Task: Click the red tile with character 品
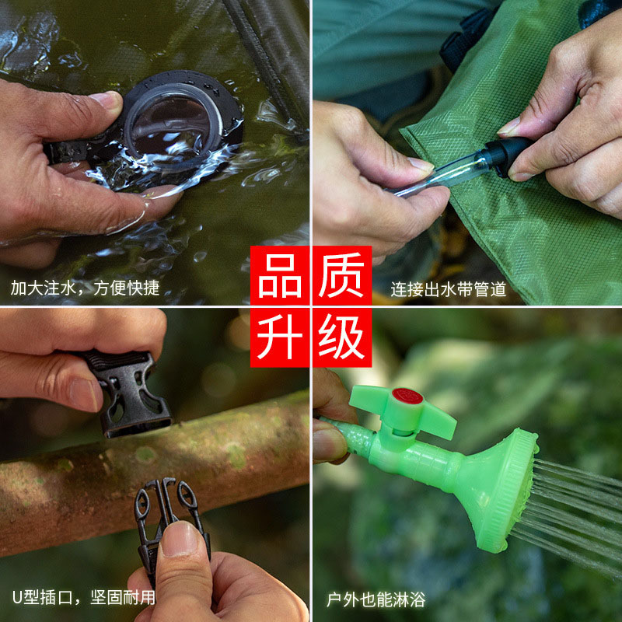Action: tap(280, 276)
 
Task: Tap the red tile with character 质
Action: tap(342, 276)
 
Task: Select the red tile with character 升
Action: tap(280, 337)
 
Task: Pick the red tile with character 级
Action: tap(342, 337)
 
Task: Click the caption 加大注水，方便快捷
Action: tap(85, 288)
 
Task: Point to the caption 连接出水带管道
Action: tap(449, 290)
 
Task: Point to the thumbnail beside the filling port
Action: tap(105, 100)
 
